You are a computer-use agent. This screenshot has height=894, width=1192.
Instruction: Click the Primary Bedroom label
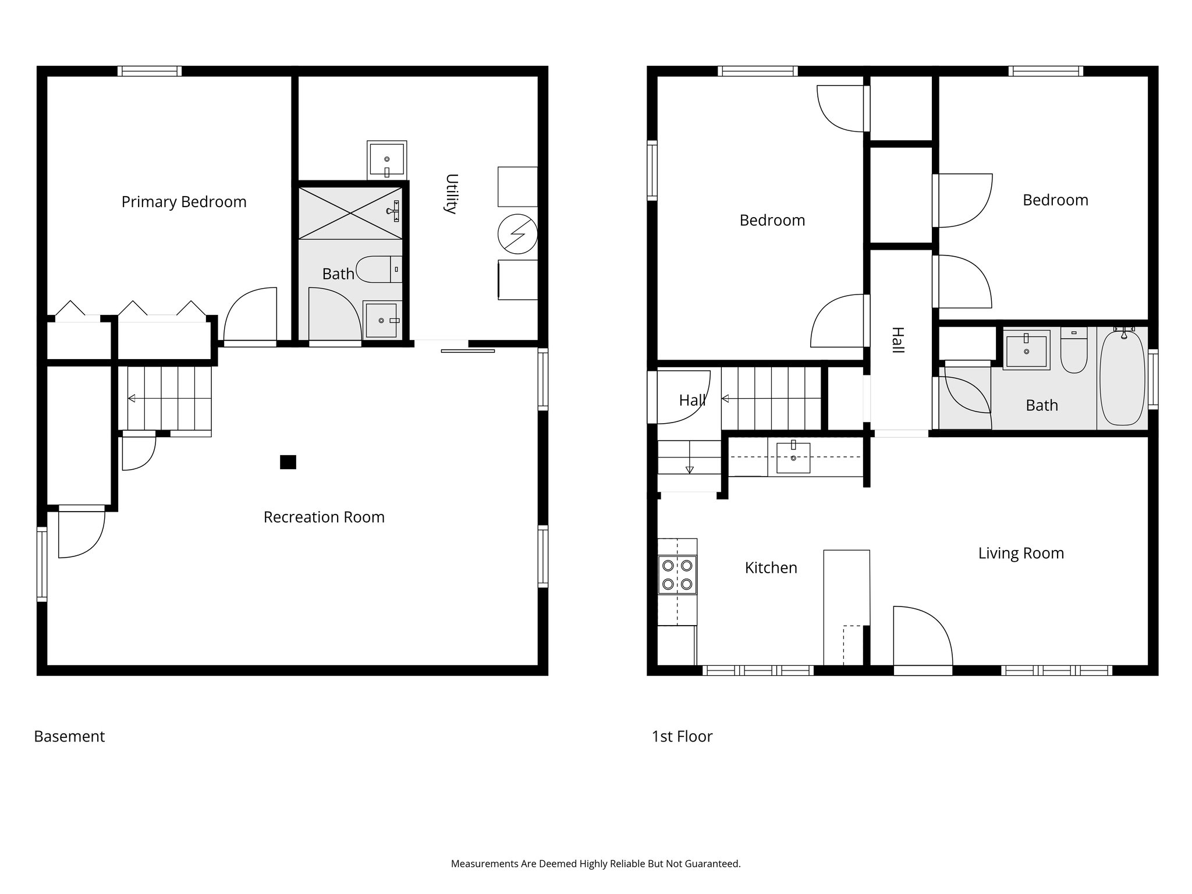184,202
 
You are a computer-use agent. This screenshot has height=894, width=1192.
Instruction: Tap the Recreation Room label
324,517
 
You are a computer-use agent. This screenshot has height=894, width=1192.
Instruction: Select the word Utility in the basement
450,194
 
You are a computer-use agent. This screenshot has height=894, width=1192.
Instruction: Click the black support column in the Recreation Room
288,462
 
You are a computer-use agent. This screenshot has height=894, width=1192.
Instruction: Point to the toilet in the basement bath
378,269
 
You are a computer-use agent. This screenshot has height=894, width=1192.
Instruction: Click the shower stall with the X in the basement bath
350,212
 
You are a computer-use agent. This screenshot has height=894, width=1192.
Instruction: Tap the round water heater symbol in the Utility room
517,234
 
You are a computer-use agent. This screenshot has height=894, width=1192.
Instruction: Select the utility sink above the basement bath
386,159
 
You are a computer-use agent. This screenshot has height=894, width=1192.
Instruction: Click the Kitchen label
771,567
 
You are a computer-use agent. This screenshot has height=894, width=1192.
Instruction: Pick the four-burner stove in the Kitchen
677,574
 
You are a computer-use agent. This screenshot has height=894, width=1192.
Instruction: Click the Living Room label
1021,553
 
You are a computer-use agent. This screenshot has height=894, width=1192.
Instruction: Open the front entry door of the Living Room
923,638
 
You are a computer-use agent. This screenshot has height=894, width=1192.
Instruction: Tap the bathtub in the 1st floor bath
1122,378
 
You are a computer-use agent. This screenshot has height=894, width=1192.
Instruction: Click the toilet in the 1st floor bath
1073,352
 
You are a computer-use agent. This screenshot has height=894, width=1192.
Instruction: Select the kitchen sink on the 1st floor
793,457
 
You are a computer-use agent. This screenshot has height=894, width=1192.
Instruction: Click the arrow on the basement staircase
132,398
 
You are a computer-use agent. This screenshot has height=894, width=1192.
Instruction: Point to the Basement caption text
69,736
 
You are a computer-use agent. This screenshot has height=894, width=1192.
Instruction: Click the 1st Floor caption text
682,736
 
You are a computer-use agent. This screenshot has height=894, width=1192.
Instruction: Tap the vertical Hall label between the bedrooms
897,340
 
